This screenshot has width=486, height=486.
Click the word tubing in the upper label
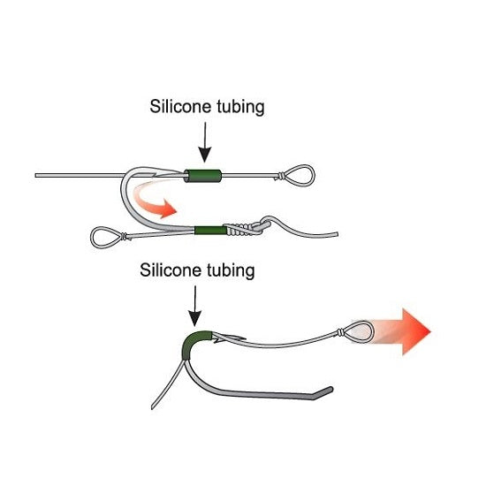240,108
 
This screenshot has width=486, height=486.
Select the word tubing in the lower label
231,271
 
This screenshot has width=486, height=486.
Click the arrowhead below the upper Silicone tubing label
205,155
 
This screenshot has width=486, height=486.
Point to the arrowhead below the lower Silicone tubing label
195,318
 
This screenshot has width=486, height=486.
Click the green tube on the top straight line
203,176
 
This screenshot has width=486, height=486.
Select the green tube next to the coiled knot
211,231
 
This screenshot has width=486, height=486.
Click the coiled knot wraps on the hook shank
239,229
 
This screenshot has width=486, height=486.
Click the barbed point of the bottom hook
230,338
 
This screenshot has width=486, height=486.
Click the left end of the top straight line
35,176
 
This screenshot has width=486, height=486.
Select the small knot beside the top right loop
280,176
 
